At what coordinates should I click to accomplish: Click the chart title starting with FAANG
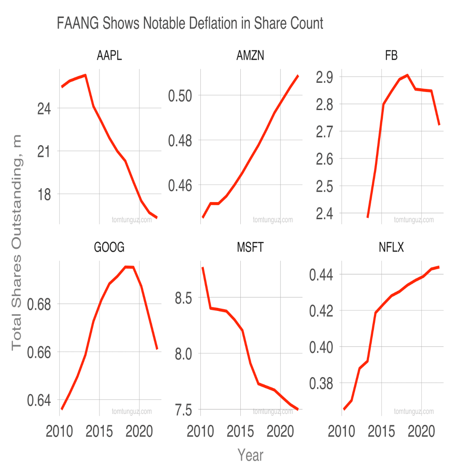[x=190, y=23]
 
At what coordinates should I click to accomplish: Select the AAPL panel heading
[x=109, y=56]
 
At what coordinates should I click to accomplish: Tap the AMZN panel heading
[x=250, y=56]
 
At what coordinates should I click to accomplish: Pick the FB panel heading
[x=391, y=56]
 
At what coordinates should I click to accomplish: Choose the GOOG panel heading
[x=109, y=247]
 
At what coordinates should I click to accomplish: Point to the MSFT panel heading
[x=250, y=247]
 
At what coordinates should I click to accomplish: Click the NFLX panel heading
[x=391, y=247]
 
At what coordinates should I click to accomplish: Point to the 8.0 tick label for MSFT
[x=183, y=353]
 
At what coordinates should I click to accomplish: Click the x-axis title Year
[x=250, y=455]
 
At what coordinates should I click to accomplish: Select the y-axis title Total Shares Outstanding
[x=16, y=242]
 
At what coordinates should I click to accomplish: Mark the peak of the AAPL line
[x=85, y=75]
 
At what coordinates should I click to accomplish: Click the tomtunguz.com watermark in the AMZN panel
[x=273, y=220]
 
